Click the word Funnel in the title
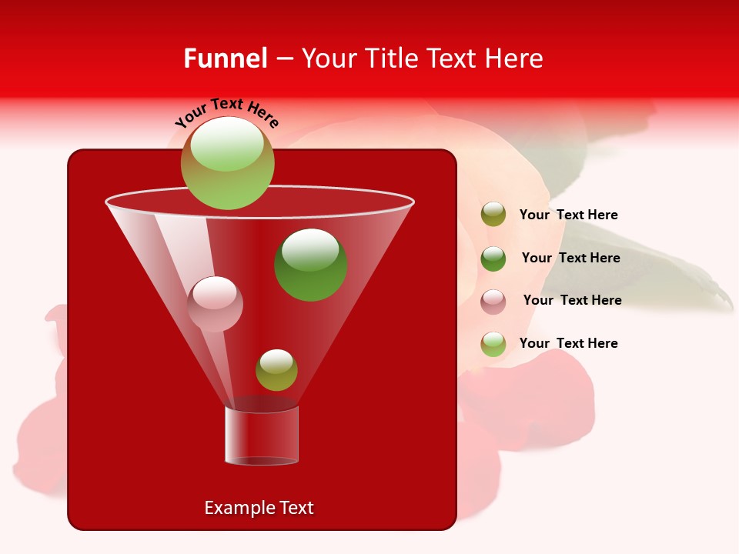coord(225,58)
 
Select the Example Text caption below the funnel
coord(259,508)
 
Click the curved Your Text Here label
coord(227,112)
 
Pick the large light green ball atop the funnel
coord(228,162)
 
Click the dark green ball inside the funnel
coord(311,265)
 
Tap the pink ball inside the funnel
coord(215,304)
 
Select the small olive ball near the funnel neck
coord(276,370)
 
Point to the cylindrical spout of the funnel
coord(262,435)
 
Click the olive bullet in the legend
coord(493,215)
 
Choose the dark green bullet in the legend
coord(493,259)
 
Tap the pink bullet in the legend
coord(493,301)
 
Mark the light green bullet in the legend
coord(493,344)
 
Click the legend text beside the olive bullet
coord(568,215)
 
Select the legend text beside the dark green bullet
coord(570,258)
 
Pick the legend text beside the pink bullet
coord(572,300)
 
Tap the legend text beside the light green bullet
coord(568,343)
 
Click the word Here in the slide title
coord(515,58)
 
